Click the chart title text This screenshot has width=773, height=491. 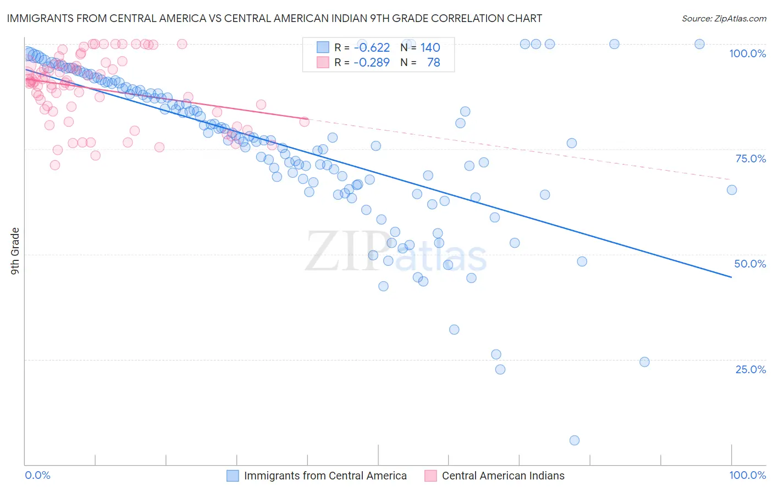pos(274,18)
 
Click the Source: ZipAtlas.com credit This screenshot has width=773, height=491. pos(724,18)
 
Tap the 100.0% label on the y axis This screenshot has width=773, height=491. pos(747,53)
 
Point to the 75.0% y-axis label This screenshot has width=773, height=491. pos(750,159)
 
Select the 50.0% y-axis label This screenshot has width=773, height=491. pos(750,264)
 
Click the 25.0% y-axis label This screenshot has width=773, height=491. pos(750,369)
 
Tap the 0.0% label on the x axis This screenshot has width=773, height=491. pos(37,475)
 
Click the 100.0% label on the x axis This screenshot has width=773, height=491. pos(747,475)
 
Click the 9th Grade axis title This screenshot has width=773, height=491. pos(15,250)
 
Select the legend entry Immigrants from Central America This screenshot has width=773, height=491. pos(325,476)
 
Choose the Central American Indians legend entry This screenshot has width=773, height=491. pos(503,476)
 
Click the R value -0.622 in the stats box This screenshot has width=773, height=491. pos(372,47)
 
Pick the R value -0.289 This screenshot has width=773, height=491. pos(372,62)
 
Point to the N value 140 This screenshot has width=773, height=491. pos(430,47)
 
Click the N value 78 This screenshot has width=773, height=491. pos(433,62)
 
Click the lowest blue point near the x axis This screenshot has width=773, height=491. pos(575,440)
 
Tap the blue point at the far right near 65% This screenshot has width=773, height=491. pos(732,190)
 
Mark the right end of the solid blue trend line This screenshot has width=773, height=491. pos(731,277)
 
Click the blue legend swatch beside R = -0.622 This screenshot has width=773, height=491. pos(323,47)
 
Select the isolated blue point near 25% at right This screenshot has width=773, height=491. pos(645,362)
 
